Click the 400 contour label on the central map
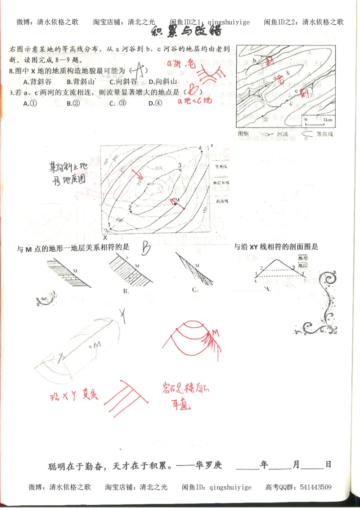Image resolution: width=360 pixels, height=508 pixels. coord(149,185)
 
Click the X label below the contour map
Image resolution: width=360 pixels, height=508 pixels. coord(105,237)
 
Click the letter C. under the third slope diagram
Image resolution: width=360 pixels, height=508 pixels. coord(194,290)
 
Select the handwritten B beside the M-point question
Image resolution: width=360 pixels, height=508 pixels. coord(146,246)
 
